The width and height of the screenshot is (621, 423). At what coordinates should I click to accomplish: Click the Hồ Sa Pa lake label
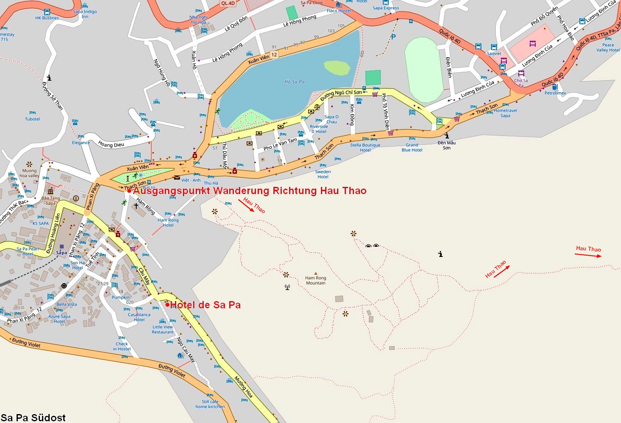pos(294,82)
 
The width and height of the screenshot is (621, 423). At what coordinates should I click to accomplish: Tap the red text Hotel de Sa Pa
pos(205,305)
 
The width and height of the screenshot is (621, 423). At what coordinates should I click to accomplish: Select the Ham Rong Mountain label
pos(315,281)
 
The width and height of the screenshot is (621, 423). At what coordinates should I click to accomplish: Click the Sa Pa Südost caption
pos(33,417)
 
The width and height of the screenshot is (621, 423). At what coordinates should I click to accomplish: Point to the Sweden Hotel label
pos(323,174)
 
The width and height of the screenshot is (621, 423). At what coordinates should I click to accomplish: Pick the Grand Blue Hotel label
pos(412,147)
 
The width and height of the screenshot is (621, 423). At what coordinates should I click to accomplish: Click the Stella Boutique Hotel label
pos(365,147)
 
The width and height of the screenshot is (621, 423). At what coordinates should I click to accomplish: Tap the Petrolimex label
pos(555,93)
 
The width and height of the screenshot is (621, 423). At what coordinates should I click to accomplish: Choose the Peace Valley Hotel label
pos(608,48)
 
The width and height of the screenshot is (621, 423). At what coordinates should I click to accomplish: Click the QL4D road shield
pos(228,3)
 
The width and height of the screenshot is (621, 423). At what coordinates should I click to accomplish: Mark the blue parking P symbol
pos(393,37)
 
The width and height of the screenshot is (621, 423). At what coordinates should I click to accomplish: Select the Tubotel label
pos(32,119)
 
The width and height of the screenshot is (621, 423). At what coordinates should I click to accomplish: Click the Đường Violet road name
pos(26,343)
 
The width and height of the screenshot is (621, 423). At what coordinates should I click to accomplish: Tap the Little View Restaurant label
pos(163,330)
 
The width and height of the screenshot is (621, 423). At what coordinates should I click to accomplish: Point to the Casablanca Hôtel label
pos(139,317)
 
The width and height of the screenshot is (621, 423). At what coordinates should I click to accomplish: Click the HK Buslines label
pos(47,18)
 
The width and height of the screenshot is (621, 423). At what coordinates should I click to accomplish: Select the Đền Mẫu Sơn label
pos(447,145)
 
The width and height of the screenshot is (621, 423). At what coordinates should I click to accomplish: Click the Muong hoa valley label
pos(29,173)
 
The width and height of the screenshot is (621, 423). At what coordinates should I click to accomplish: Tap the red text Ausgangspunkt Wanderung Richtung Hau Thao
pos(250,191)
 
